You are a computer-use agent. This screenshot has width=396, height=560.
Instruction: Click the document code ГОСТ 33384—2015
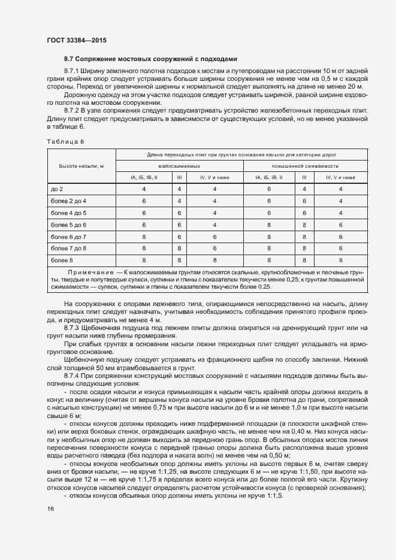(77, 40)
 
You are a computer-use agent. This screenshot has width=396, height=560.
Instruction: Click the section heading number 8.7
(69, 59)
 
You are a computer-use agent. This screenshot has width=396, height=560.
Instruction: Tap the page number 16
(50, 508)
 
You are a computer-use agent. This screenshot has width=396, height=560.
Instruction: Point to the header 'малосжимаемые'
(179, 165)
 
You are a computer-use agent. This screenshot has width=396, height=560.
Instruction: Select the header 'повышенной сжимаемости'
(305, 165)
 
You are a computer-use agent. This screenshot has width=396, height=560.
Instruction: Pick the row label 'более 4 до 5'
(68, 213)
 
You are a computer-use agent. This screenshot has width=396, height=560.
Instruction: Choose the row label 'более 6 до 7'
(68, 236)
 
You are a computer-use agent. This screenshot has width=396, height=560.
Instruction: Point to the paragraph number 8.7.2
(72, 111)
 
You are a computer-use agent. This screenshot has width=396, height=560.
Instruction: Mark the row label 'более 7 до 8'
(68, 248)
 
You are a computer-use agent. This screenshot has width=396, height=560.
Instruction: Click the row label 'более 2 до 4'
(68, 201)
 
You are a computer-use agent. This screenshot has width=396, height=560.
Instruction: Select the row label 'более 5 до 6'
(68, 225)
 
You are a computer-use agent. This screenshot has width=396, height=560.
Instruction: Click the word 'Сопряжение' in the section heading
(99, 59)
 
